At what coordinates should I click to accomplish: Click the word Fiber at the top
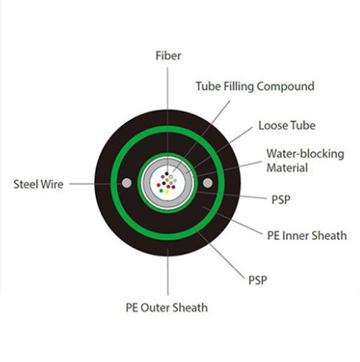click(x=168, y=55)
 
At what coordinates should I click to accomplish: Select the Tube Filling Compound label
click(x=255, y=86)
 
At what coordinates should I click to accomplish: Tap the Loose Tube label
click(x=286, y=125)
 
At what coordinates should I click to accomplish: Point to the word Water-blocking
click(x=305, y=154)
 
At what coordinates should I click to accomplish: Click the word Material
click(x=287, y=168)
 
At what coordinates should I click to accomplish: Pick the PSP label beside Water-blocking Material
click(x=280, y=199)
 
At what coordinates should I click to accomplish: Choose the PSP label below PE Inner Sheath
click(x=257, y=280)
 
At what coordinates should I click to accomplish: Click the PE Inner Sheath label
click(x=307, y=235)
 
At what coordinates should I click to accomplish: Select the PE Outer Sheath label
click(x=166, y=307)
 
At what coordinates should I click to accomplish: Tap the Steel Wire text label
click(x=38, y=184)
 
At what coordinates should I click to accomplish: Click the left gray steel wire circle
click(x=127, y=183)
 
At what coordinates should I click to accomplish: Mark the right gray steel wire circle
click(x=208, y=183)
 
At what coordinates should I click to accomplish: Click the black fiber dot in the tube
click(x=166, y=174)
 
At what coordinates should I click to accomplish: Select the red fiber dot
click(x=158, y=185)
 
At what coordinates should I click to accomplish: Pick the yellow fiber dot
click(x=166, y=192)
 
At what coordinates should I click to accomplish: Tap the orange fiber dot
click(x=167, y=180)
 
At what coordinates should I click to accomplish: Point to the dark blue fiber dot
click(x=163, y=183)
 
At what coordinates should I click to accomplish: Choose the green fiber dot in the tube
click(x=161, y=191)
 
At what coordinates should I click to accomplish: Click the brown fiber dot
click(x=168, y=187)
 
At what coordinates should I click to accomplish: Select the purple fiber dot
click(x=163, y=177)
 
